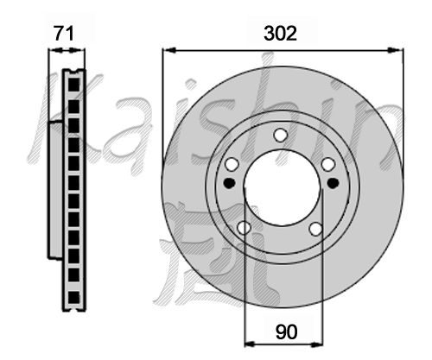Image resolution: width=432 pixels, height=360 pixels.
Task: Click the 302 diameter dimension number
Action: point(280,34)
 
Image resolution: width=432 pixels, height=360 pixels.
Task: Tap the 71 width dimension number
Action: point(64,34)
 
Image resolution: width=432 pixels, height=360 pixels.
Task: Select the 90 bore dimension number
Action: point(286,332)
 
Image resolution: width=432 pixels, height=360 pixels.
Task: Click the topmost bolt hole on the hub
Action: point(280,135)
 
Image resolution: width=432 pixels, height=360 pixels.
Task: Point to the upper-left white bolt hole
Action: point(232,165)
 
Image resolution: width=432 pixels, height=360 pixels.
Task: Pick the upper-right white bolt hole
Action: point(328,165)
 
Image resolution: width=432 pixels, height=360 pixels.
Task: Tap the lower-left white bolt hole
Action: point(244,228)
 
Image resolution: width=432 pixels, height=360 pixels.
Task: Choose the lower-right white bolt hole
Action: point(315,229)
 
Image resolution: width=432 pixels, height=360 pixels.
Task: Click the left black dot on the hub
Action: point(229,183)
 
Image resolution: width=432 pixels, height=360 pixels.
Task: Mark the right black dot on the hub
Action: point(334,183)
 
